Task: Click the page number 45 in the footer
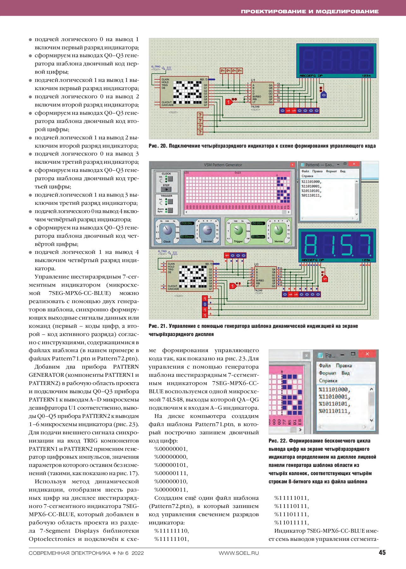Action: [x=382, y=553]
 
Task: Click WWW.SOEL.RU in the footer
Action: [x=239, y=553]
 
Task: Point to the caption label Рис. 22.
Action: [x=278, y=441]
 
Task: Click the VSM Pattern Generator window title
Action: [x=223, y=165]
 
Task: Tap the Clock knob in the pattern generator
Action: [x=167, y=230]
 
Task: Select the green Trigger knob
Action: [x=238, y=230]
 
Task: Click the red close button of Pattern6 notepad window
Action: [x=354, y=164]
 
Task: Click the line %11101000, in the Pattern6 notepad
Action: [x=311, y=182]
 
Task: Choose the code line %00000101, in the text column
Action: [x=171, y=465]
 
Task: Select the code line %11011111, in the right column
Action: [x=291, y=523]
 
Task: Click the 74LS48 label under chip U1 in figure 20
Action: [x=255, y=107]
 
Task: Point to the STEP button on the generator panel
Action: [x=166, y=189]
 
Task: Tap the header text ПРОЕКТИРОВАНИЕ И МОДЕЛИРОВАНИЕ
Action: [x=309, y=11]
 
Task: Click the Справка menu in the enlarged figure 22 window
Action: [x=328, y=381]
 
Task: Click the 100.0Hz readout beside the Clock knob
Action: [x=187, y=223]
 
